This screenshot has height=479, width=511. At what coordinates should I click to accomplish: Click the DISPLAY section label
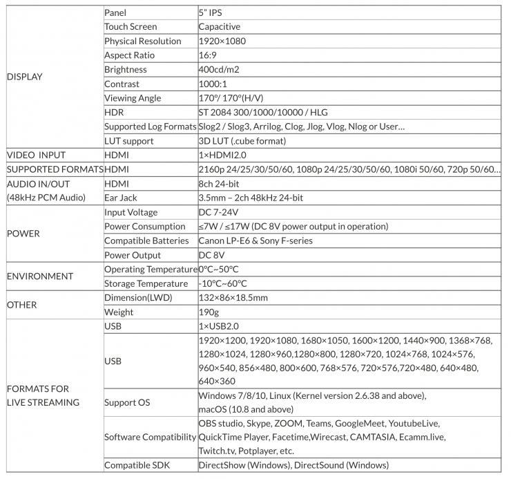[x=24, y=77]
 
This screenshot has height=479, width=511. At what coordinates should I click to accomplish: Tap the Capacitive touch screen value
[x=219, y=27]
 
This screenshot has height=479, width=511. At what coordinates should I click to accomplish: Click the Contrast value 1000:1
[x=213, y=84]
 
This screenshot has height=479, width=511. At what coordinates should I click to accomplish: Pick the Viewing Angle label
[x=133, y=98]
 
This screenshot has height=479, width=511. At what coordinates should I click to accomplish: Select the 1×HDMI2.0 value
[x=222, y=156]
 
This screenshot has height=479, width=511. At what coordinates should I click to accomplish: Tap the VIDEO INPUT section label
[x=36, y=156]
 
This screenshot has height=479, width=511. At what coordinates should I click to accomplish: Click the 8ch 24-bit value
[x=219, y=184]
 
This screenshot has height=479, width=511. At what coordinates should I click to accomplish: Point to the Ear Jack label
[x=122, y=198]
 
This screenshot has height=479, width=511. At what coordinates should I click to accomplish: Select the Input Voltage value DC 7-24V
[x=218, y=212]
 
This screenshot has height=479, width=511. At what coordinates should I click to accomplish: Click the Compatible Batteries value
[x=255, y=241]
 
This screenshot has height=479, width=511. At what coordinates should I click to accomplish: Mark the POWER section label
[x=23, y=234]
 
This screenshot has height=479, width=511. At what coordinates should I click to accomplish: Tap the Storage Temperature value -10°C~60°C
[x=222, y=283]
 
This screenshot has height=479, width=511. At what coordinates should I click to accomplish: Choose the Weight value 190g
[x=208, y=312]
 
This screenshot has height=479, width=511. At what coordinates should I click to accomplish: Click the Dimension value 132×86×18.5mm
[x=233, y=298]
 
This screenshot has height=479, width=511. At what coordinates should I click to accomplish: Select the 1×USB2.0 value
[x=218, y=326]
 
